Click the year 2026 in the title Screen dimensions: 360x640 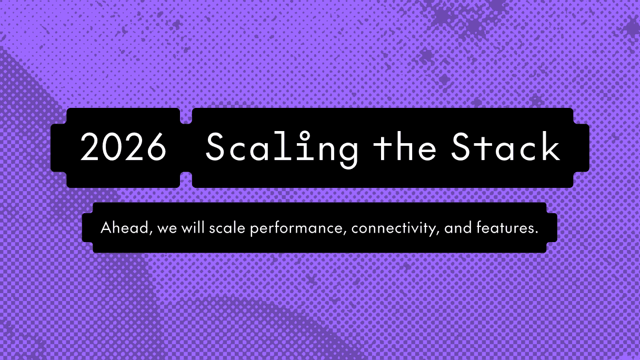[x=123, y=147]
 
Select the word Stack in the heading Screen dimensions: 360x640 [x=505, y=147]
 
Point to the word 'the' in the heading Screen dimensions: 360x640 [x=404, y=147]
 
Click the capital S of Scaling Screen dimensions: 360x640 [x=216, y=147]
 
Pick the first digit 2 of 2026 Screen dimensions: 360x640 [x=90, y=147]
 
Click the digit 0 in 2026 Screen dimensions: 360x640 [x=112, y=147]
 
